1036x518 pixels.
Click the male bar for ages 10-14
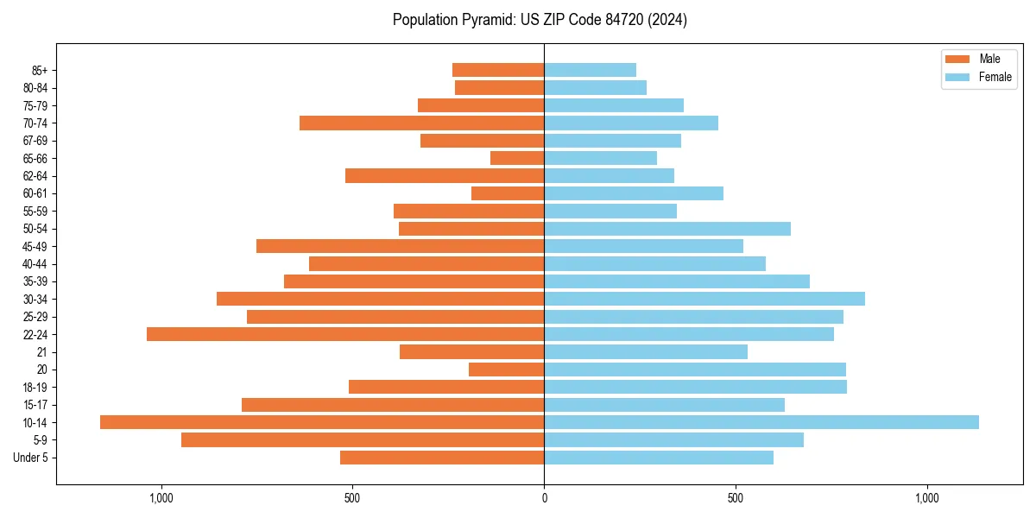(322, 422)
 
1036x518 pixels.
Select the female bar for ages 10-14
(761, 422)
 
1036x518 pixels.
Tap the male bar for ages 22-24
(345, 334)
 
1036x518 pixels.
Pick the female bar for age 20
(695, 370)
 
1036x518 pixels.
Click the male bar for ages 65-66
(517, 158)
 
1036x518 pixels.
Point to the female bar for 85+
(590, 70)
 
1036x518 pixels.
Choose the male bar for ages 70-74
(421, 123)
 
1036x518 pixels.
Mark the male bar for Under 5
(442, 458)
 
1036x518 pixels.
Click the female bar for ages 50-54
(667, 229)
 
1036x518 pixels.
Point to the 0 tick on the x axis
(544, 498)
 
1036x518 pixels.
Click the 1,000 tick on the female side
(926, 498)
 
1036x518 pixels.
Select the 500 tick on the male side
(351, 498)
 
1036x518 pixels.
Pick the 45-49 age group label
(35, 247)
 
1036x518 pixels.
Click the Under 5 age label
(30, 458)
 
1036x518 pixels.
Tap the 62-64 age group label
(35, 176)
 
